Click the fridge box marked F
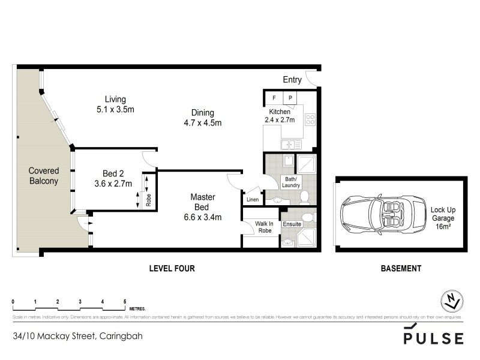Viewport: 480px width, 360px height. pos(274,97)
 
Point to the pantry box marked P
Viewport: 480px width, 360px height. pos(289,97)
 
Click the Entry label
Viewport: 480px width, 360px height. pos(293,80)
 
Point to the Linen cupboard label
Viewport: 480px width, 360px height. pos(253,199)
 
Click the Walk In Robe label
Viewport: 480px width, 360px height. pos(264,227)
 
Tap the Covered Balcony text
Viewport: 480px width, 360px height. pos(43,176)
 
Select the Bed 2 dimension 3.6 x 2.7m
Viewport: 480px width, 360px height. pos(113,184)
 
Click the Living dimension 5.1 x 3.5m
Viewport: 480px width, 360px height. pos(115,109)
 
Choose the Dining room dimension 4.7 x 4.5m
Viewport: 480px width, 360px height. pos(203,124)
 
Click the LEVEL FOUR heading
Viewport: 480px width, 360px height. pos(172,268)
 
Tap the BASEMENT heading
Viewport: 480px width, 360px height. pos(401,268)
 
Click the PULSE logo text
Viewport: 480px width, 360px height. pos(433,338)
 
